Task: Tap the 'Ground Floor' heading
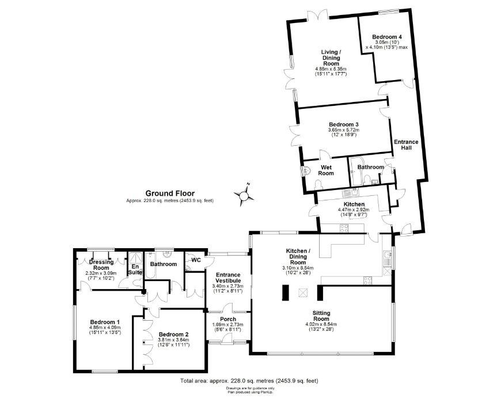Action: coord(169,193)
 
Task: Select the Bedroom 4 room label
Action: coord(386,36)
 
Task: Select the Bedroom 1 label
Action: coord(105,322)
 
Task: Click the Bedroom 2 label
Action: coord(173,334)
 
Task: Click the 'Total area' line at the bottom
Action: coord(249,381)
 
